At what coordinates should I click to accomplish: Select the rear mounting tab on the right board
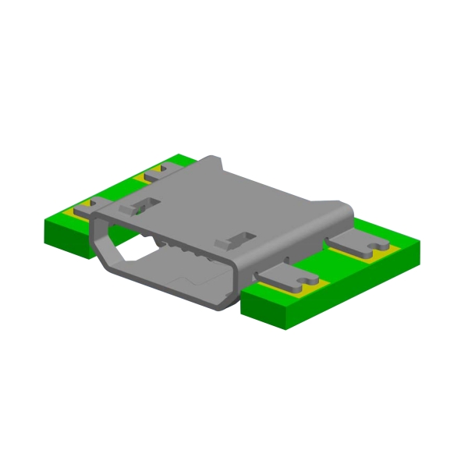click(360, 243)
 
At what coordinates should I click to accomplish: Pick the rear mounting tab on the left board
click(153, 173)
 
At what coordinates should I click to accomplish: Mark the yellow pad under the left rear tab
click(141, 179)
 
